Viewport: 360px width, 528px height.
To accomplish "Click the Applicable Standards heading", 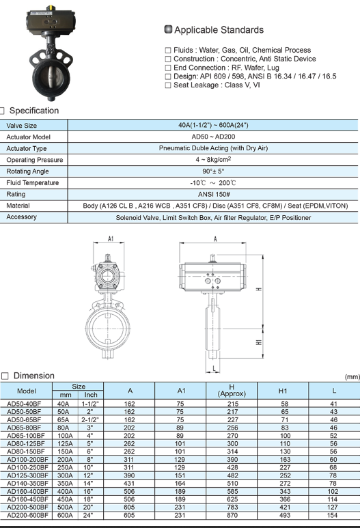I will [219, 30].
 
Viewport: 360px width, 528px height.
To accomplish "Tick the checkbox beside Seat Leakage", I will [168, 85].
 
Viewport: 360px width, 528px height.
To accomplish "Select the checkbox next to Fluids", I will [168, 51].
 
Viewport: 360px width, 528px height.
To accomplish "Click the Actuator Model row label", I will [29, 137].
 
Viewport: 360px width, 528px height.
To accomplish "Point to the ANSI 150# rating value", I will [214, 194].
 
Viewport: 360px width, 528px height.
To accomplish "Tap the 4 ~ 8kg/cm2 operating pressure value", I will [214, 160].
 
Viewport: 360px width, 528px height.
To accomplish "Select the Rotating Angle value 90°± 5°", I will [214, 171].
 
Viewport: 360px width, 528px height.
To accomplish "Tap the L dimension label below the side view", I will [214, 368].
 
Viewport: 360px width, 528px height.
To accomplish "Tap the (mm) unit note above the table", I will [352, 376].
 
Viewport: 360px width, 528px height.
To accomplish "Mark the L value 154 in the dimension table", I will [333, 514].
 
